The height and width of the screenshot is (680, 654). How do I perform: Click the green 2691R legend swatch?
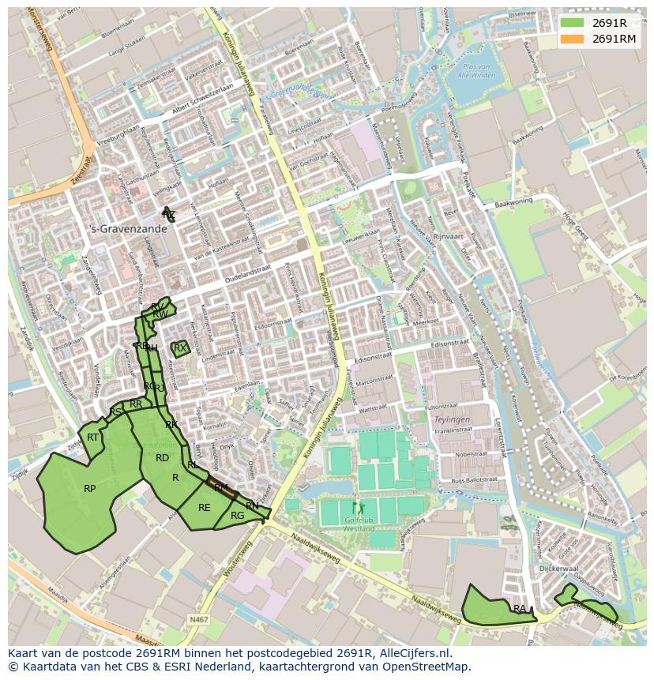click(x=573, y=22)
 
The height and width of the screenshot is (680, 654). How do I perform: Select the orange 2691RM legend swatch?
click(x=573, y=38)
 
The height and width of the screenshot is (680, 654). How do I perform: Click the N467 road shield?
click(x=199, y=621)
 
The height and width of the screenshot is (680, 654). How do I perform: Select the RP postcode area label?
click(x=90, y=489)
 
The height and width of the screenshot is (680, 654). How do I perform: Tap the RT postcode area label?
click(x=93, y=438)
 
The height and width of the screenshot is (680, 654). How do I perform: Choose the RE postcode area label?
click(x=205, y=508)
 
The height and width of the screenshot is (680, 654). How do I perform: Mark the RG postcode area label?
click(x=237, y=516)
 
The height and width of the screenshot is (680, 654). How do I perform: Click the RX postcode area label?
click(x=180, y=348)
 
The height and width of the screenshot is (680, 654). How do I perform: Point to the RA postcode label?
click(x=519, y=609)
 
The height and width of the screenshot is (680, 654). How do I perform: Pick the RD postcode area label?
click(x=162, y=458)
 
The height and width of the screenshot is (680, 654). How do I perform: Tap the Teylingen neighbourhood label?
click(x=452, y=420)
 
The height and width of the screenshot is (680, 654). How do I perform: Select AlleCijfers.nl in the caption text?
click(x=412, y=653)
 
